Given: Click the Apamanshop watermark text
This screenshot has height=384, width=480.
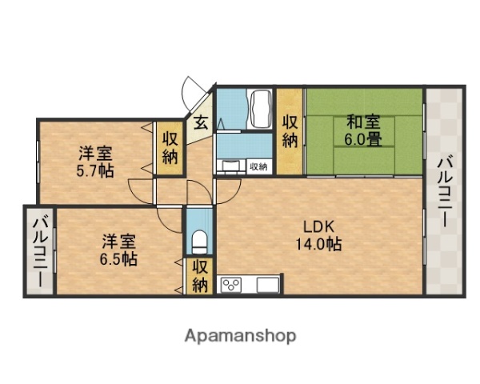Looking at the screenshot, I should pyautogui.click(x=241, y=335).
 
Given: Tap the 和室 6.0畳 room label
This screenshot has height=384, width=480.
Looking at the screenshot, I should pyautogui.click(x=362, y=130).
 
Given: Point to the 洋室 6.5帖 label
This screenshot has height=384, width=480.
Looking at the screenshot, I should pyautogui.click(x=118, y=249).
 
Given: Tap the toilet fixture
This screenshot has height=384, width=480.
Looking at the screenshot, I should pyautogui.click(x=198, y=240).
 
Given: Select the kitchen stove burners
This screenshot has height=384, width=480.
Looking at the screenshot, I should pyautogui.click(x=232, y=286).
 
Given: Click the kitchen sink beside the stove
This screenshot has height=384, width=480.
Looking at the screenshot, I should pyautogui.click(x=266, y=285).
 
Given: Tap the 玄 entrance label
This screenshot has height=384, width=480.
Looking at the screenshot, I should pyautogui.click(x=200, y=124).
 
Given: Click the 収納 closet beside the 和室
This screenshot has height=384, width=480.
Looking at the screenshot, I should pyautogui.click(x=290, y=130).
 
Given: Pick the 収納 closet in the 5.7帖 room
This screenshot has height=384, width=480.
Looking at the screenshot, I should pyautogui.click(x=170, y=147).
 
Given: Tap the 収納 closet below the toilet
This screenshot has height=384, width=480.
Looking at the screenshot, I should pyautogui.click(x=199, y=276).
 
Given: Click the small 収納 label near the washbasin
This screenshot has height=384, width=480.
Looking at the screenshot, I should pyautogui.click(x=258, y=166).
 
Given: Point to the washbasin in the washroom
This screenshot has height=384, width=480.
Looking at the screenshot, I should pyautogui.click(x=231, y=166).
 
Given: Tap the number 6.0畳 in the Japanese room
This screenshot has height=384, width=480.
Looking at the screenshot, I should pyautogui.click(x=362, y=139).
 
